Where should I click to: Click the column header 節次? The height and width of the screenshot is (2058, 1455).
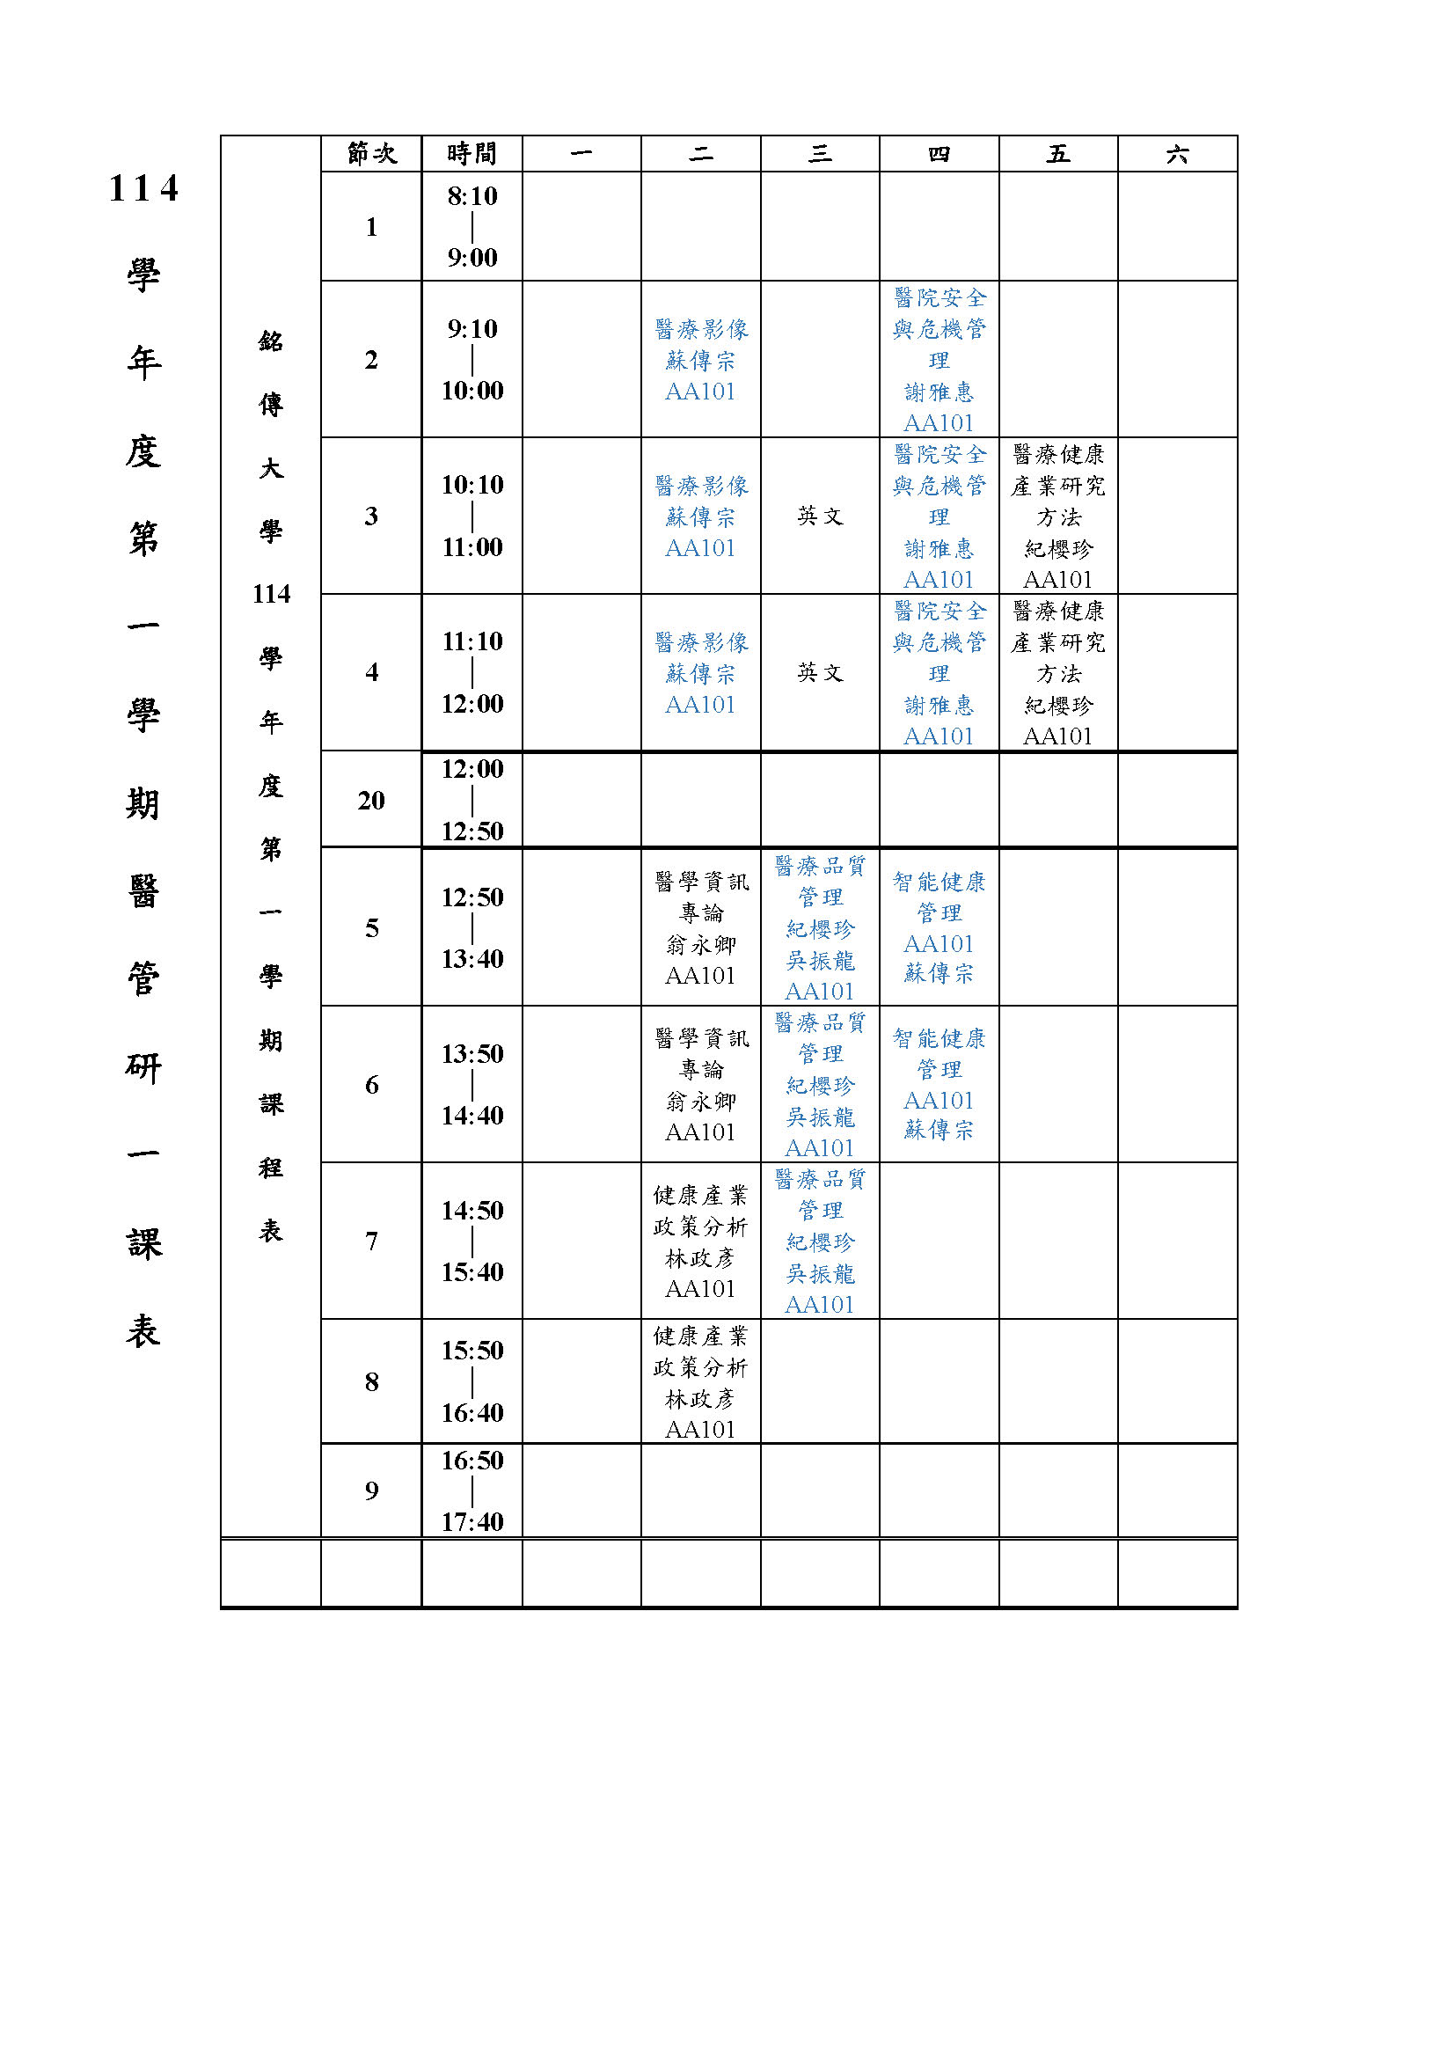click(x=371, y=154)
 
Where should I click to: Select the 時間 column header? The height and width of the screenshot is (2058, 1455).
click(x=472, y=154)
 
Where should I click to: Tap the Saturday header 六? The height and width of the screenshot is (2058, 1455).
click(x=1177, y=154)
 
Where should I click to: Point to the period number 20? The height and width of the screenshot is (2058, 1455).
click(x=371, y=800)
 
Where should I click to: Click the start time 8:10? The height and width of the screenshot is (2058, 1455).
click(x=472, y=196)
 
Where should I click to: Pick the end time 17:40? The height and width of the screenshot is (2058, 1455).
click(x=472, y=1521)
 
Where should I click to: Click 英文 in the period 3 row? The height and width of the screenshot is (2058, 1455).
click(x=820, y=516)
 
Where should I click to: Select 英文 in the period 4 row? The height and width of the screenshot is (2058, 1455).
click(x=820, y=672)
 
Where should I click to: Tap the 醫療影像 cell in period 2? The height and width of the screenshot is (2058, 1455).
click(x=700, y=360)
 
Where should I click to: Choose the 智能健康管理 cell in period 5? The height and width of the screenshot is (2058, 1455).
click(x=939, y=926)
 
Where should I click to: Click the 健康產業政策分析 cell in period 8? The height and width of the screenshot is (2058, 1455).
click(x=700, y=1381)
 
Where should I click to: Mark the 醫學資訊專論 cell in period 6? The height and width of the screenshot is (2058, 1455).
click(x=700, y=1084)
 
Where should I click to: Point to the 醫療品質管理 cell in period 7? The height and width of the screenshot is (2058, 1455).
click(x=820, y=1241)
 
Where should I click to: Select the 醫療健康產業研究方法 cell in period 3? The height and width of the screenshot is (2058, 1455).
click(x=1058, y=516)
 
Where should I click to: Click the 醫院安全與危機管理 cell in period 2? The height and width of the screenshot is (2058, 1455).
click(x=939, y=360)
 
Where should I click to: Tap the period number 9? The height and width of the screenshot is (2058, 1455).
click(x=371, y=1490)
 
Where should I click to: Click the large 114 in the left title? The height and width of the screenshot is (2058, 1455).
click(x=143, y=189)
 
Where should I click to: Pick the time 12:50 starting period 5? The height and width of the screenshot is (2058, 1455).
click(x=472, y=897)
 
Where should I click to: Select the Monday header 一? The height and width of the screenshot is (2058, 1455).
click(x=581, y=154)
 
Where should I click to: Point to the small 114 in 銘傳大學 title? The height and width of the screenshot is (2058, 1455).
click(x=271, y=593)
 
